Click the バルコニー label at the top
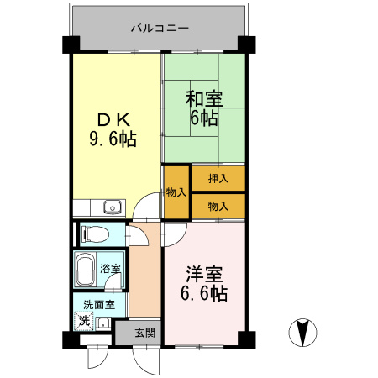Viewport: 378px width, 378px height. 160,28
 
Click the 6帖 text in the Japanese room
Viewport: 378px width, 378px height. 202,118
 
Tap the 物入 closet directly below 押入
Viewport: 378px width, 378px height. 218,204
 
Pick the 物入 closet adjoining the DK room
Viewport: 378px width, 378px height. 176,192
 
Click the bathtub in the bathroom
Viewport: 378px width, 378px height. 86,270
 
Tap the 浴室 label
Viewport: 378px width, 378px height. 111,269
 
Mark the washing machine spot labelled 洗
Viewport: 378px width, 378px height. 83,320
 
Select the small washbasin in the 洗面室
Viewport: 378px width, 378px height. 102,323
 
